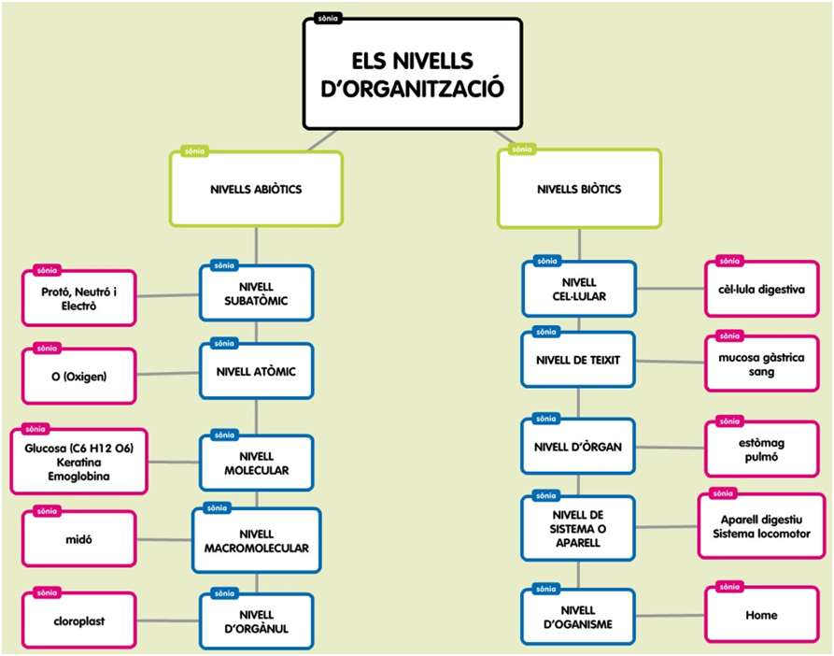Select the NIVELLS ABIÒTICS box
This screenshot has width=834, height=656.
(256, 190)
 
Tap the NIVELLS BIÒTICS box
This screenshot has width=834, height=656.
(579, 190)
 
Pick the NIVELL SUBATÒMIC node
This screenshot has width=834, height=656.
(256, 294)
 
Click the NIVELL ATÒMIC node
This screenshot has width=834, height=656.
(256, 372)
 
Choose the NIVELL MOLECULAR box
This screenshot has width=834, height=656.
(256, 463)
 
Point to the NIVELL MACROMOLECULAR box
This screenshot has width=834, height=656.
(256, 541)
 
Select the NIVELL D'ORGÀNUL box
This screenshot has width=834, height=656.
(256, 621)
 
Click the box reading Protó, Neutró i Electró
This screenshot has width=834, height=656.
(79, 298)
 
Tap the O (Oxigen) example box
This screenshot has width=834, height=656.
(79, 377)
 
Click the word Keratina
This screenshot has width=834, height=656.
(78, 463)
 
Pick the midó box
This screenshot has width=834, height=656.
(78, 539)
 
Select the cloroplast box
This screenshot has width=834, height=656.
(78, 619)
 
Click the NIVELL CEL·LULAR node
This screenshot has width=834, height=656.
(579, 290)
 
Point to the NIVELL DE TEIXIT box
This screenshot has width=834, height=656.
(579, 360)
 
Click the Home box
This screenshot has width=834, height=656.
(761, 616)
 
